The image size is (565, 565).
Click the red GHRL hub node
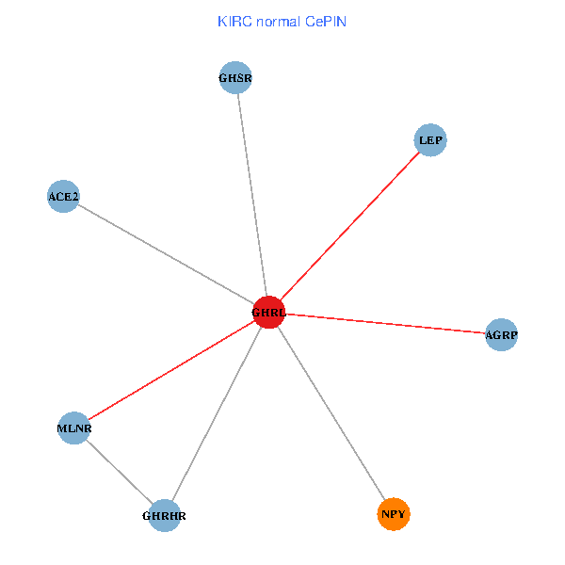[268, 312]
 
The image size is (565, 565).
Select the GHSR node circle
[235, 78]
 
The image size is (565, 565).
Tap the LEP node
[430, 140]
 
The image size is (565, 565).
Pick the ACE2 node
[63, 196]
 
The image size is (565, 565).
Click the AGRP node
[502, 334]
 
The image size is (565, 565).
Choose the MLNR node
[73, 428]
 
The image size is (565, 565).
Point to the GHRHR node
[164, 515]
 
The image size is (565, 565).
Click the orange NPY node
[394, 514]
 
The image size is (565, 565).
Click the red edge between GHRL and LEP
[349, 226]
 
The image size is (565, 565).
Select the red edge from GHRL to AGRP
[385, 323]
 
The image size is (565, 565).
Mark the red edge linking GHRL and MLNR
[170, 370]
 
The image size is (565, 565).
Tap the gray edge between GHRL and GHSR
[251, 195]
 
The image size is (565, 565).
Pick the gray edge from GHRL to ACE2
[166, 254]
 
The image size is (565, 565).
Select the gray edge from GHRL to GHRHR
[217, 413]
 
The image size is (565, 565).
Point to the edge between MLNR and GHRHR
[119, 472]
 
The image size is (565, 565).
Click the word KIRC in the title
[234, 21]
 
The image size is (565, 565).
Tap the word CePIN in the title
[325, 21]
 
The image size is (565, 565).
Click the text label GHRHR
[164, 516]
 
